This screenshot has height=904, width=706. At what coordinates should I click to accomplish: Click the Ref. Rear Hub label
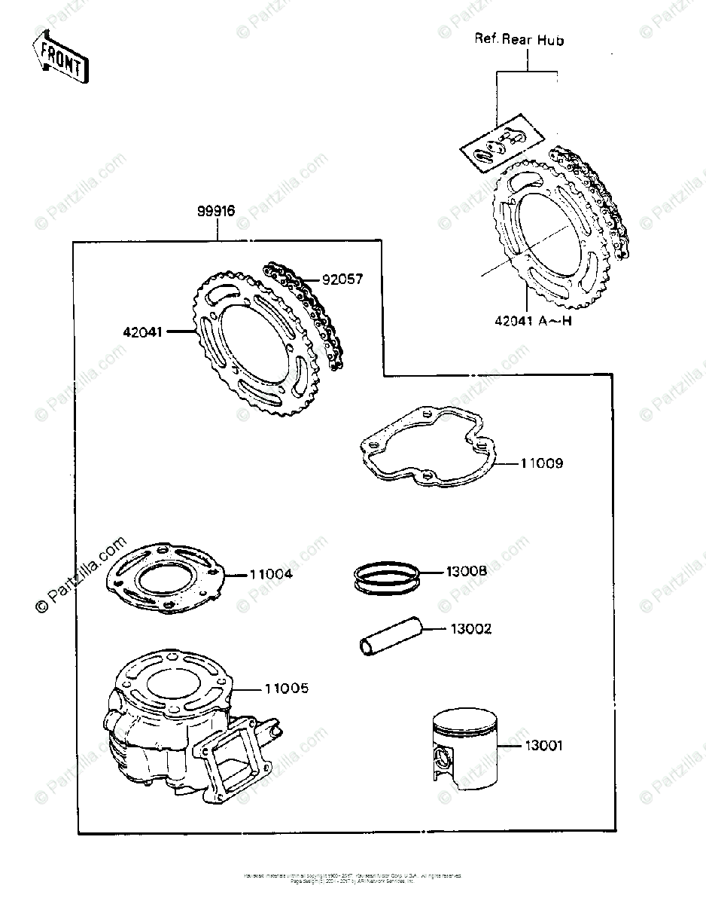pyautogui.click(x=519, y=40)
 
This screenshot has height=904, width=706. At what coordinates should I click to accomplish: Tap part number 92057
pyautogui.click(x=342, y=279)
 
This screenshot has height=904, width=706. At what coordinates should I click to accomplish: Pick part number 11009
pyautogui.click(x=541, y=463)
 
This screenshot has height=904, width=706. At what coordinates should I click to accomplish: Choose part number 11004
pyautogui.click(x=271, y=575)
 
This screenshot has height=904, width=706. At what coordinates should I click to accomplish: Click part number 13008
pyautogui.click(x=467, y=573)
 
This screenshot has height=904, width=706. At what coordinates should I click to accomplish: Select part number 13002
pyautogui.click(x=471, y=628)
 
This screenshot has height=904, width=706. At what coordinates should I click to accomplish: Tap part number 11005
pyautogui.click(x=286, y=689)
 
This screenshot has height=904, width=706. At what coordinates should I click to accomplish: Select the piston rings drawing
pyautogui.click(x=386, y=578)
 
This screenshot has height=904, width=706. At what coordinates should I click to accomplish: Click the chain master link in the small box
pyautogui.click(x=503, y=145)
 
